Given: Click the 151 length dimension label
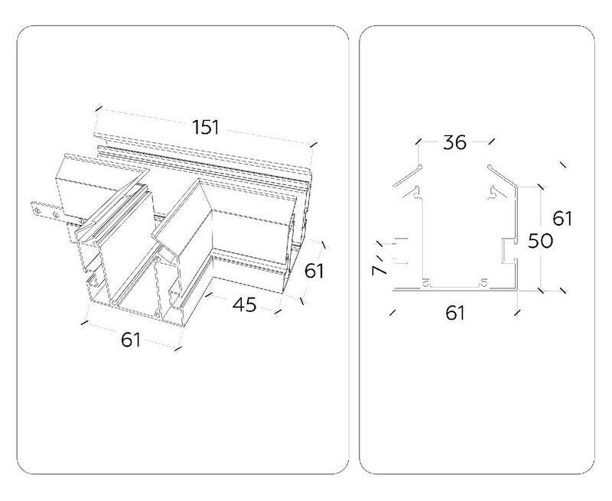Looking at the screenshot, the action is pyautogui.click(x=206, y=127).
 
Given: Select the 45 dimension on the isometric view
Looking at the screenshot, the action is pyautogui.click(x=244, y=304).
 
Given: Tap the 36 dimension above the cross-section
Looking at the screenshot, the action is pyautogui.click(x=454, y=142).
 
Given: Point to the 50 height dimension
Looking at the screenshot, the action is pyautogui.click(x=541, y=241).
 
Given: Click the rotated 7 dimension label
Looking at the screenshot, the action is pyautogui.click(x=378, y=270).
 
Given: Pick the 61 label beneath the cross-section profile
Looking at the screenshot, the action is pyautogui.click(x=455, y=313).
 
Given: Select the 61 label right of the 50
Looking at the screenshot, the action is pyautogui.click(x=562, y=218).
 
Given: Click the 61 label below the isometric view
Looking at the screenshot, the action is pyautogui.click(x=131, y=340).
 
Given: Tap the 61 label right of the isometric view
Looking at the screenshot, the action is pyautogui.click(x=314, y=271).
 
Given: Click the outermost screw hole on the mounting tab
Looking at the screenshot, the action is pyautogui.click(x=37, y=210).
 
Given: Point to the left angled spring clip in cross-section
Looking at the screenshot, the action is pyautogui.click(x=407, y=176).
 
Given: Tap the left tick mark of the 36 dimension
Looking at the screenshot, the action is pyautogui.click(x=418, y=141).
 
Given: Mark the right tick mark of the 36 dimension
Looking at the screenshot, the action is pyautogui.click(x=491, y=141).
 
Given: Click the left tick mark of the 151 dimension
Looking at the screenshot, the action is pyautogui.click(x=99, y=108).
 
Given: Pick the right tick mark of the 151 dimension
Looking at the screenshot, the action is pyautogui.click(x=314, y=145).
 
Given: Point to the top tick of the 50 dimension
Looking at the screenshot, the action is pyautogui.click(x=540, y=187).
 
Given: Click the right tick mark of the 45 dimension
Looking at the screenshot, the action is pyautogui.click(x=278, y=311).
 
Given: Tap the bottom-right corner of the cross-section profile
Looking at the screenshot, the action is pyautogui.click(x=517, y=291).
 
